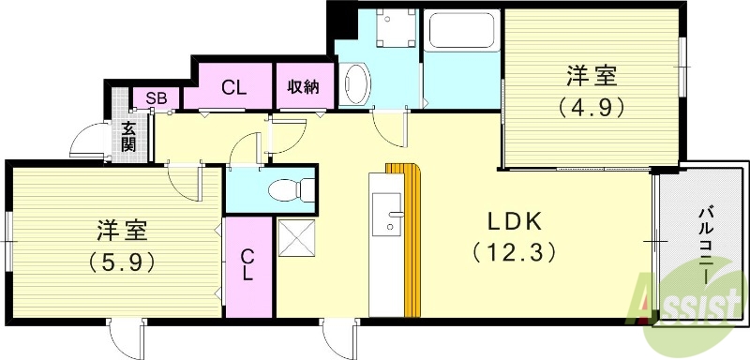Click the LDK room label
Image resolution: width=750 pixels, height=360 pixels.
pos(512,221)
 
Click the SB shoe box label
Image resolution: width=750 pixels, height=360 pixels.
pos(150,97)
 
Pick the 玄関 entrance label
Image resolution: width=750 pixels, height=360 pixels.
pos(128,136)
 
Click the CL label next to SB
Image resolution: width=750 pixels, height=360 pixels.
pos(233,88)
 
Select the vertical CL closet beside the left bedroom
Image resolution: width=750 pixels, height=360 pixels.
pos(247,264)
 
